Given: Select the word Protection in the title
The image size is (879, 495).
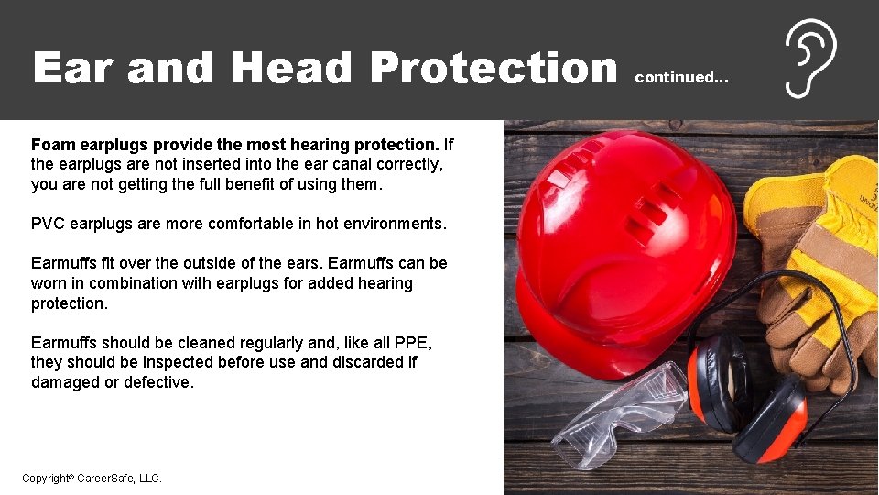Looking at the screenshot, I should pyautogui.click(x=494, y=68).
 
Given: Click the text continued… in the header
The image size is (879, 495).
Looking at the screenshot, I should pyautogui.click(x=682, y=78).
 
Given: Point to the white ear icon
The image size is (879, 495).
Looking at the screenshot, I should pyautogui.click(x=810, y=59).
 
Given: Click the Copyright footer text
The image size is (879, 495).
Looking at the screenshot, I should pyautogui.click(x=92, y=478).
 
